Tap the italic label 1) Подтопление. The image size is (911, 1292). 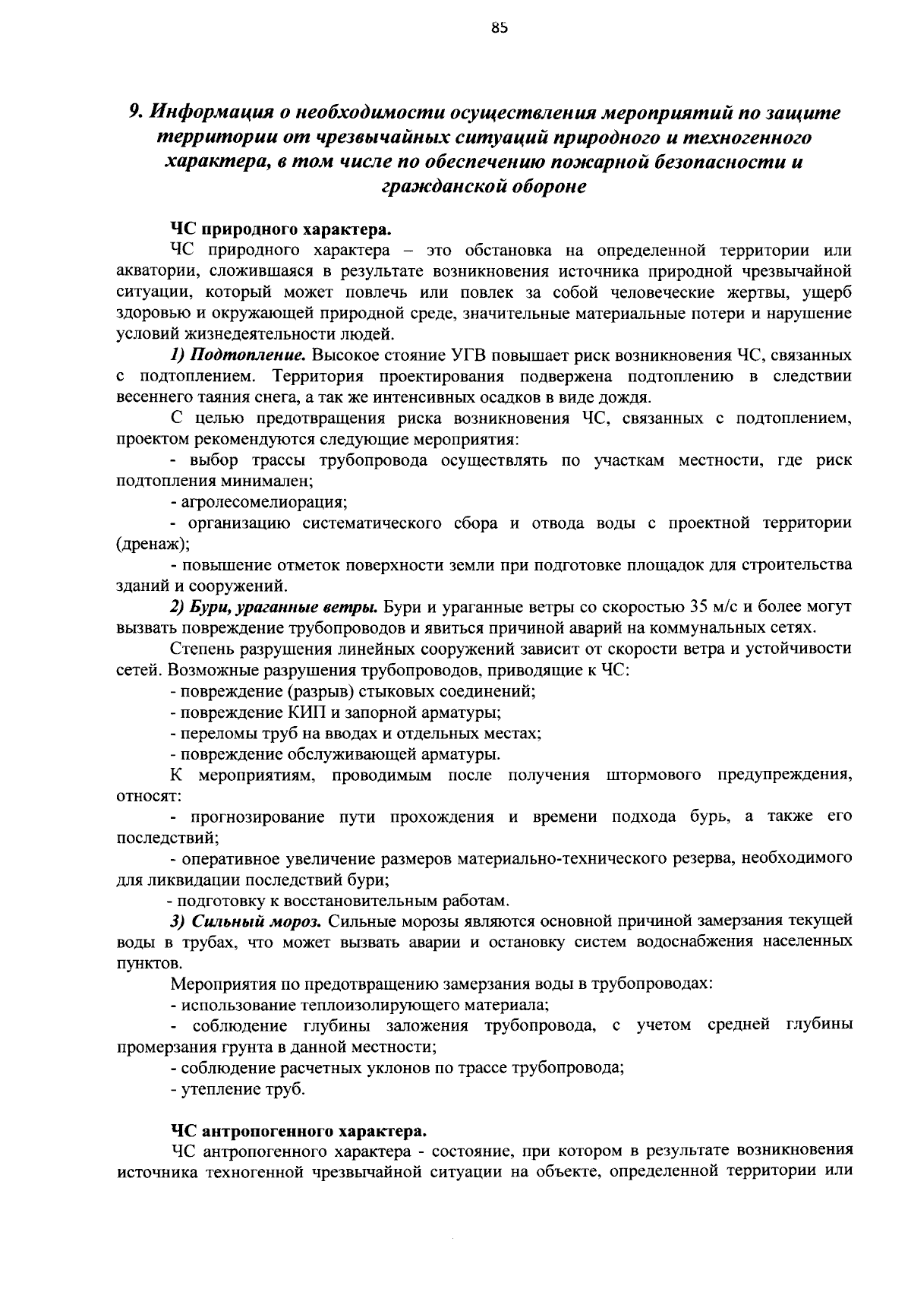point(238,355)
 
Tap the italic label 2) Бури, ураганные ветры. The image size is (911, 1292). point(273,607)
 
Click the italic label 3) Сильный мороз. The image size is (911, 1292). point(247,921)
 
